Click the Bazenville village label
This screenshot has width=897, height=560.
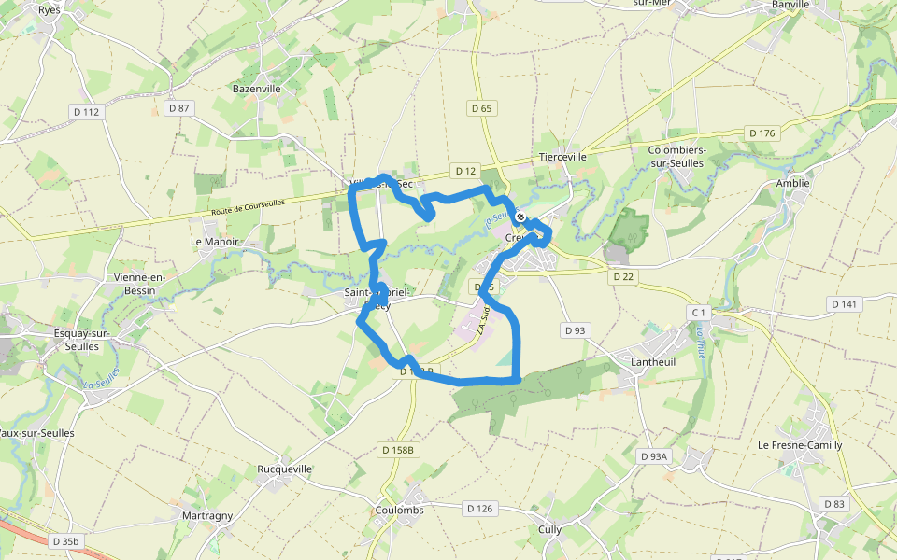pos(256,89)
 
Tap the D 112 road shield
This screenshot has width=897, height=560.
pos(85,112)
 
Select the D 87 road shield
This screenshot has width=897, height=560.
pos(178,108)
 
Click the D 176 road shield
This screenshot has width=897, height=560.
pos(762,133)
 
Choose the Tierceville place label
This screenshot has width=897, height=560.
pos(562,157)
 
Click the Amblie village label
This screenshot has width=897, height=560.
pos(792,183)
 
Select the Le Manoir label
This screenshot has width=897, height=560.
pos(215,241)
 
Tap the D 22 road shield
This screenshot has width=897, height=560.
pos(622,277)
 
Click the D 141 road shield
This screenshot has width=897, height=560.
pos(845,304)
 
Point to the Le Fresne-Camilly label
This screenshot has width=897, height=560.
pos(800,445)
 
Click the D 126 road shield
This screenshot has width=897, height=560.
pos(478,509)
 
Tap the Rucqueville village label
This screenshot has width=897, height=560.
pos(285,469)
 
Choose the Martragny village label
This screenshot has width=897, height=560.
pos(207,515)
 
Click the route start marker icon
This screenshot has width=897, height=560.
pos(520,217)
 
